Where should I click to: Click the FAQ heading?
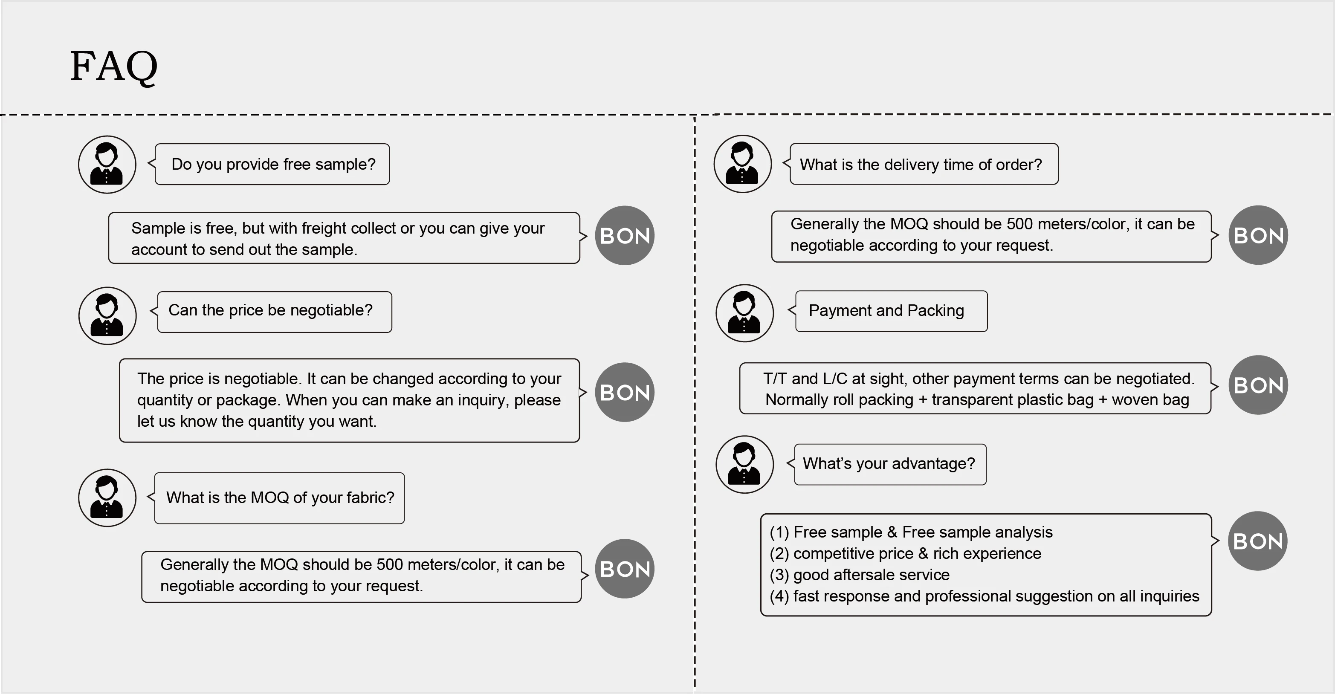pyautogui.click(x=113, y=67)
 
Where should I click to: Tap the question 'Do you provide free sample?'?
pyautogui.click(x=273, y=164)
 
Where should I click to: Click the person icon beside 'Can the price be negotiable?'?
pyautogui.click(x=107, y=315)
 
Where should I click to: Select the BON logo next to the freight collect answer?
pyautogui.click(x=625, y=236)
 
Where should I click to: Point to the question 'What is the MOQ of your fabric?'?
pyautogui.click(x=280, y=497)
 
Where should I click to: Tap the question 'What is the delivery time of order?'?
pyautogui.click(x=921, y=165)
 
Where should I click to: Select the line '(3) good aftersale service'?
pyautogui.click(x=859, y=575)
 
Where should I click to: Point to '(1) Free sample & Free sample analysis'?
pyautogui.click(x=911, y=532)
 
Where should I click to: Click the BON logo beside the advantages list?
pyautogui.click(x=1258, y=541)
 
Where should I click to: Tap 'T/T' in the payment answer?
pyautogui.click(x=775, y=379)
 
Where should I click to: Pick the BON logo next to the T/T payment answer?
pyautogui.click(x=1258, y=385)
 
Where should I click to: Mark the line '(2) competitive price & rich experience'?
pyautogui.click(x=905, y=554)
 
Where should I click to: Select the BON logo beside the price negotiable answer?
pyautogui.click(x=625, y=392)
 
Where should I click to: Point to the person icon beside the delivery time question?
pyautogui.click(x=743, y=164)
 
